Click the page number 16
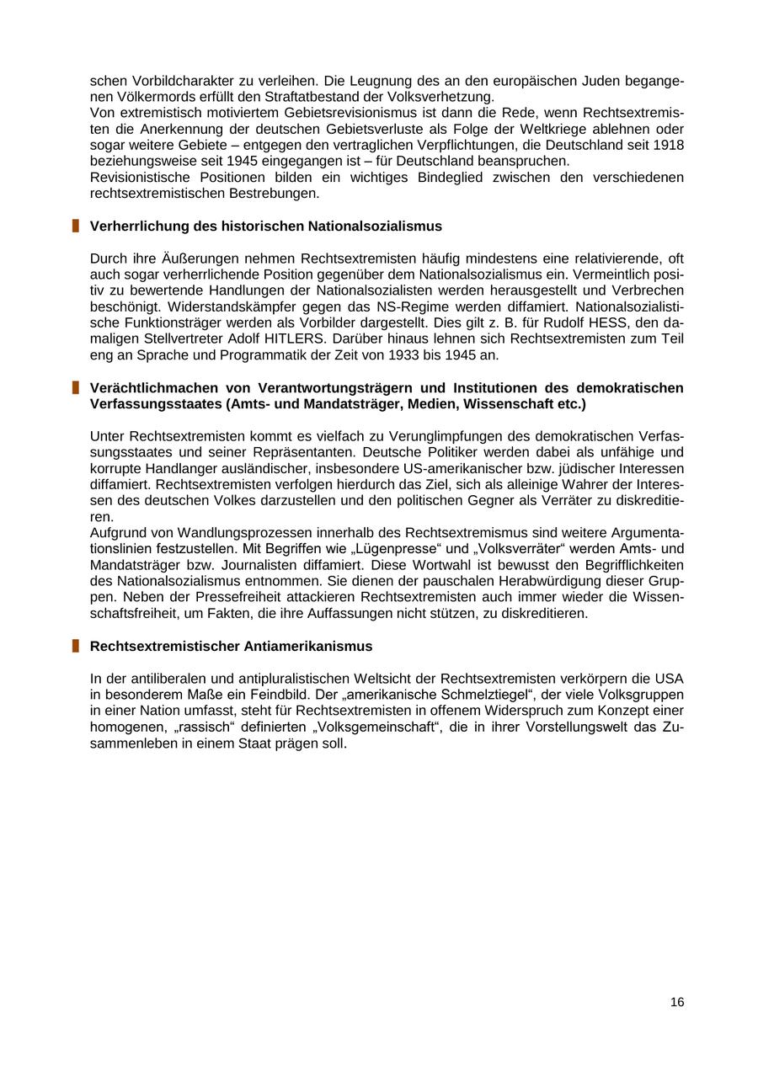point(677,1002)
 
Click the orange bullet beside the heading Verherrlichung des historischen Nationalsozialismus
point(75,226)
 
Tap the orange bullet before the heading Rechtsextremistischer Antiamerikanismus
point(75,646)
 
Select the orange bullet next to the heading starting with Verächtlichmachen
point(75,387)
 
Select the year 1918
point(666,145)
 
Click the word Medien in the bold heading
point(446,404)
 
